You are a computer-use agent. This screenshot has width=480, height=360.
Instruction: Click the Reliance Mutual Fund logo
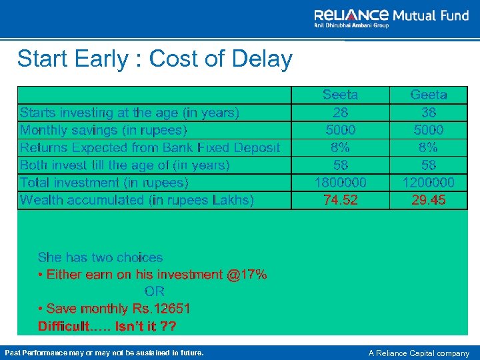point(391,18)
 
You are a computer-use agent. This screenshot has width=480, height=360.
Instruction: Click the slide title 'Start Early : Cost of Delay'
point(155,59)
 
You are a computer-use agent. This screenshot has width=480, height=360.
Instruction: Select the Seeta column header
point(340,95)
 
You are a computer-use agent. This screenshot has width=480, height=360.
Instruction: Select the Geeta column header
point(429,95)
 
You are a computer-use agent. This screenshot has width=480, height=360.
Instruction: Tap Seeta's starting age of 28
point(340,112)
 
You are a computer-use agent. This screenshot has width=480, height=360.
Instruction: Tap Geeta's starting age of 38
point(429,112)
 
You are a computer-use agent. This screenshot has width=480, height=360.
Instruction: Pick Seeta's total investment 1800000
point(340,182)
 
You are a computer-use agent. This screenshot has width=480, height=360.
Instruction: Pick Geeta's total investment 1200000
point(429,182)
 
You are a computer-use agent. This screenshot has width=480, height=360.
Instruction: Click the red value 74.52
point(340,199)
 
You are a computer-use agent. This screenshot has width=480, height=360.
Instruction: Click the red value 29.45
point(429,199)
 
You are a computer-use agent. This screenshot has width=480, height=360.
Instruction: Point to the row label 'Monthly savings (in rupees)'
point(103,130)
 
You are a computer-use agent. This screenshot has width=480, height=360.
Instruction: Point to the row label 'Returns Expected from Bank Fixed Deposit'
point(150,147)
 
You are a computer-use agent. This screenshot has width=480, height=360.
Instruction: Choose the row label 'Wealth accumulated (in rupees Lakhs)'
point(137,199)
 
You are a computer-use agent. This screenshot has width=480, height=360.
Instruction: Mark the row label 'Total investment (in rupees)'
point(104,182)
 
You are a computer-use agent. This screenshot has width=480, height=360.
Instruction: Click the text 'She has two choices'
point(100,257)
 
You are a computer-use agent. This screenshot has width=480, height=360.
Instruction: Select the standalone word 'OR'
point(154,291)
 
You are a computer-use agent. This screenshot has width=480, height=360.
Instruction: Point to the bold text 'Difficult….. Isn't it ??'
point(107,326)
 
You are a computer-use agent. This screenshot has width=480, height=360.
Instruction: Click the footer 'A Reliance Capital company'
point(419,353)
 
